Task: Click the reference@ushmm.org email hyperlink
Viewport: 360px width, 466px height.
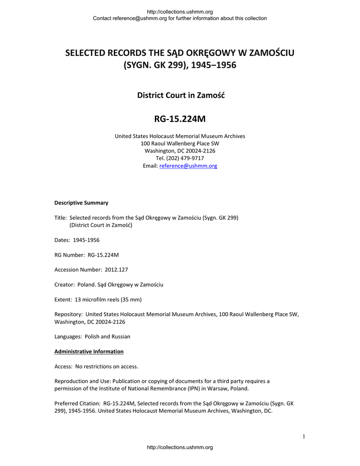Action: [x=188, y=166]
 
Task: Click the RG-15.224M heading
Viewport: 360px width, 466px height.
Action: [x=180, y=119]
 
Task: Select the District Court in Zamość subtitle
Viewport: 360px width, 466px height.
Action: [x=180, y=95]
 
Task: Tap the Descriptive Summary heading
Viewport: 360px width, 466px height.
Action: [x=81, y=203]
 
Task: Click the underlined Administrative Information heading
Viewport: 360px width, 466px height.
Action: [x=89, y=352]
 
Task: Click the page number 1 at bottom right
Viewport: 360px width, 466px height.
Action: [x=304, y=437]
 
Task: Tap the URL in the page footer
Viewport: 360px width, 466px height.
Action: [x=180, y=448]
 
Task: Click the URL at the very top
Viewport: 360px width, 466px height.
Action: [x=180, y=12]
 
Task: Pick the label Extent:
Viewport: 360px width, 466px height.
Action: [x=63, y=300]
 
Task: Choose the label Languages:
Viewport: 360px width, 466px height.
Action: [x=68, y=337]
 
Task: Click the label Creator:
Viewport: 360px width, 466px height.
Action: [x=64, y=285]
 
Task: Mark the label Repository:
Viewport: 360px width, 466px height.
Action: [x=68, y=314]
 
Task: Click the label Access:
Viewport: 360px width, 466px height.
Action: [x=63, y=366]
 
